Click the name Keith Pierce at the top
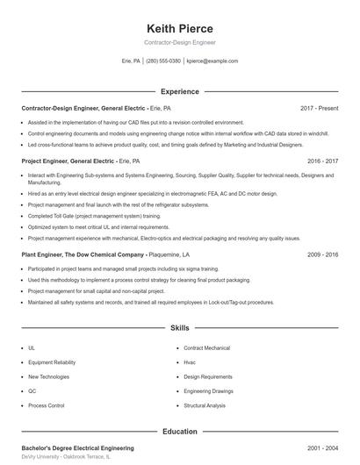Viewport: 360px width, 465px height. click(179, 28)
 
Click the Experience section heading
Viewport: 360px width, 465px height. click(180, 91)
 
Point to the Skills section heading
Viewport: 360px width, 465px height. click(180, 328)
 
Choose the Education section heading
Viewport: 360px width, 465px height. click(180, 432)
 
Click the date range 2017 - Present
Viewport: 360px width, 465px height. click(319, 108)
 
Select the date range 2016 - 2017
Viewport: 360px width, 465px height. click(323, 162)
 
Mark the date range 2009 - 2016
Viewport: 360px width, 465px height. click(323, 254)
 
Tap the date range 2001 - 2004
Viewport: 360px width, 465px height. click(323, 448)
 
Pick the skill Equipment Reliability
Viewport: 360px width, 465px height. click(51, 362)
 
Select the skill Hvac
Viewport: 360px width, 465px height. click(191, 362)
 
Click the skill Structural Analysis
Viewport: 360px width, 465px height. click(205, 406)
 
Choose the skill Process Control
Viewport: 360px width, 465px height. click(46, 406)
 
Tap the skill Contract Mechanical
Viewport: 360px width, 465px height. click(206, 348)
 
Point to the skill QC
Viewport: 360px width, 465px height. click(32, 391)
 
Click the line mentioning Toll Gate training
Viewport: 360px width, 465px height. click(94, 215)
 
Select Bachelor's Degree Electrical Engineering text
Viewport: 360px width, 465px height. click(78, 448)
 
